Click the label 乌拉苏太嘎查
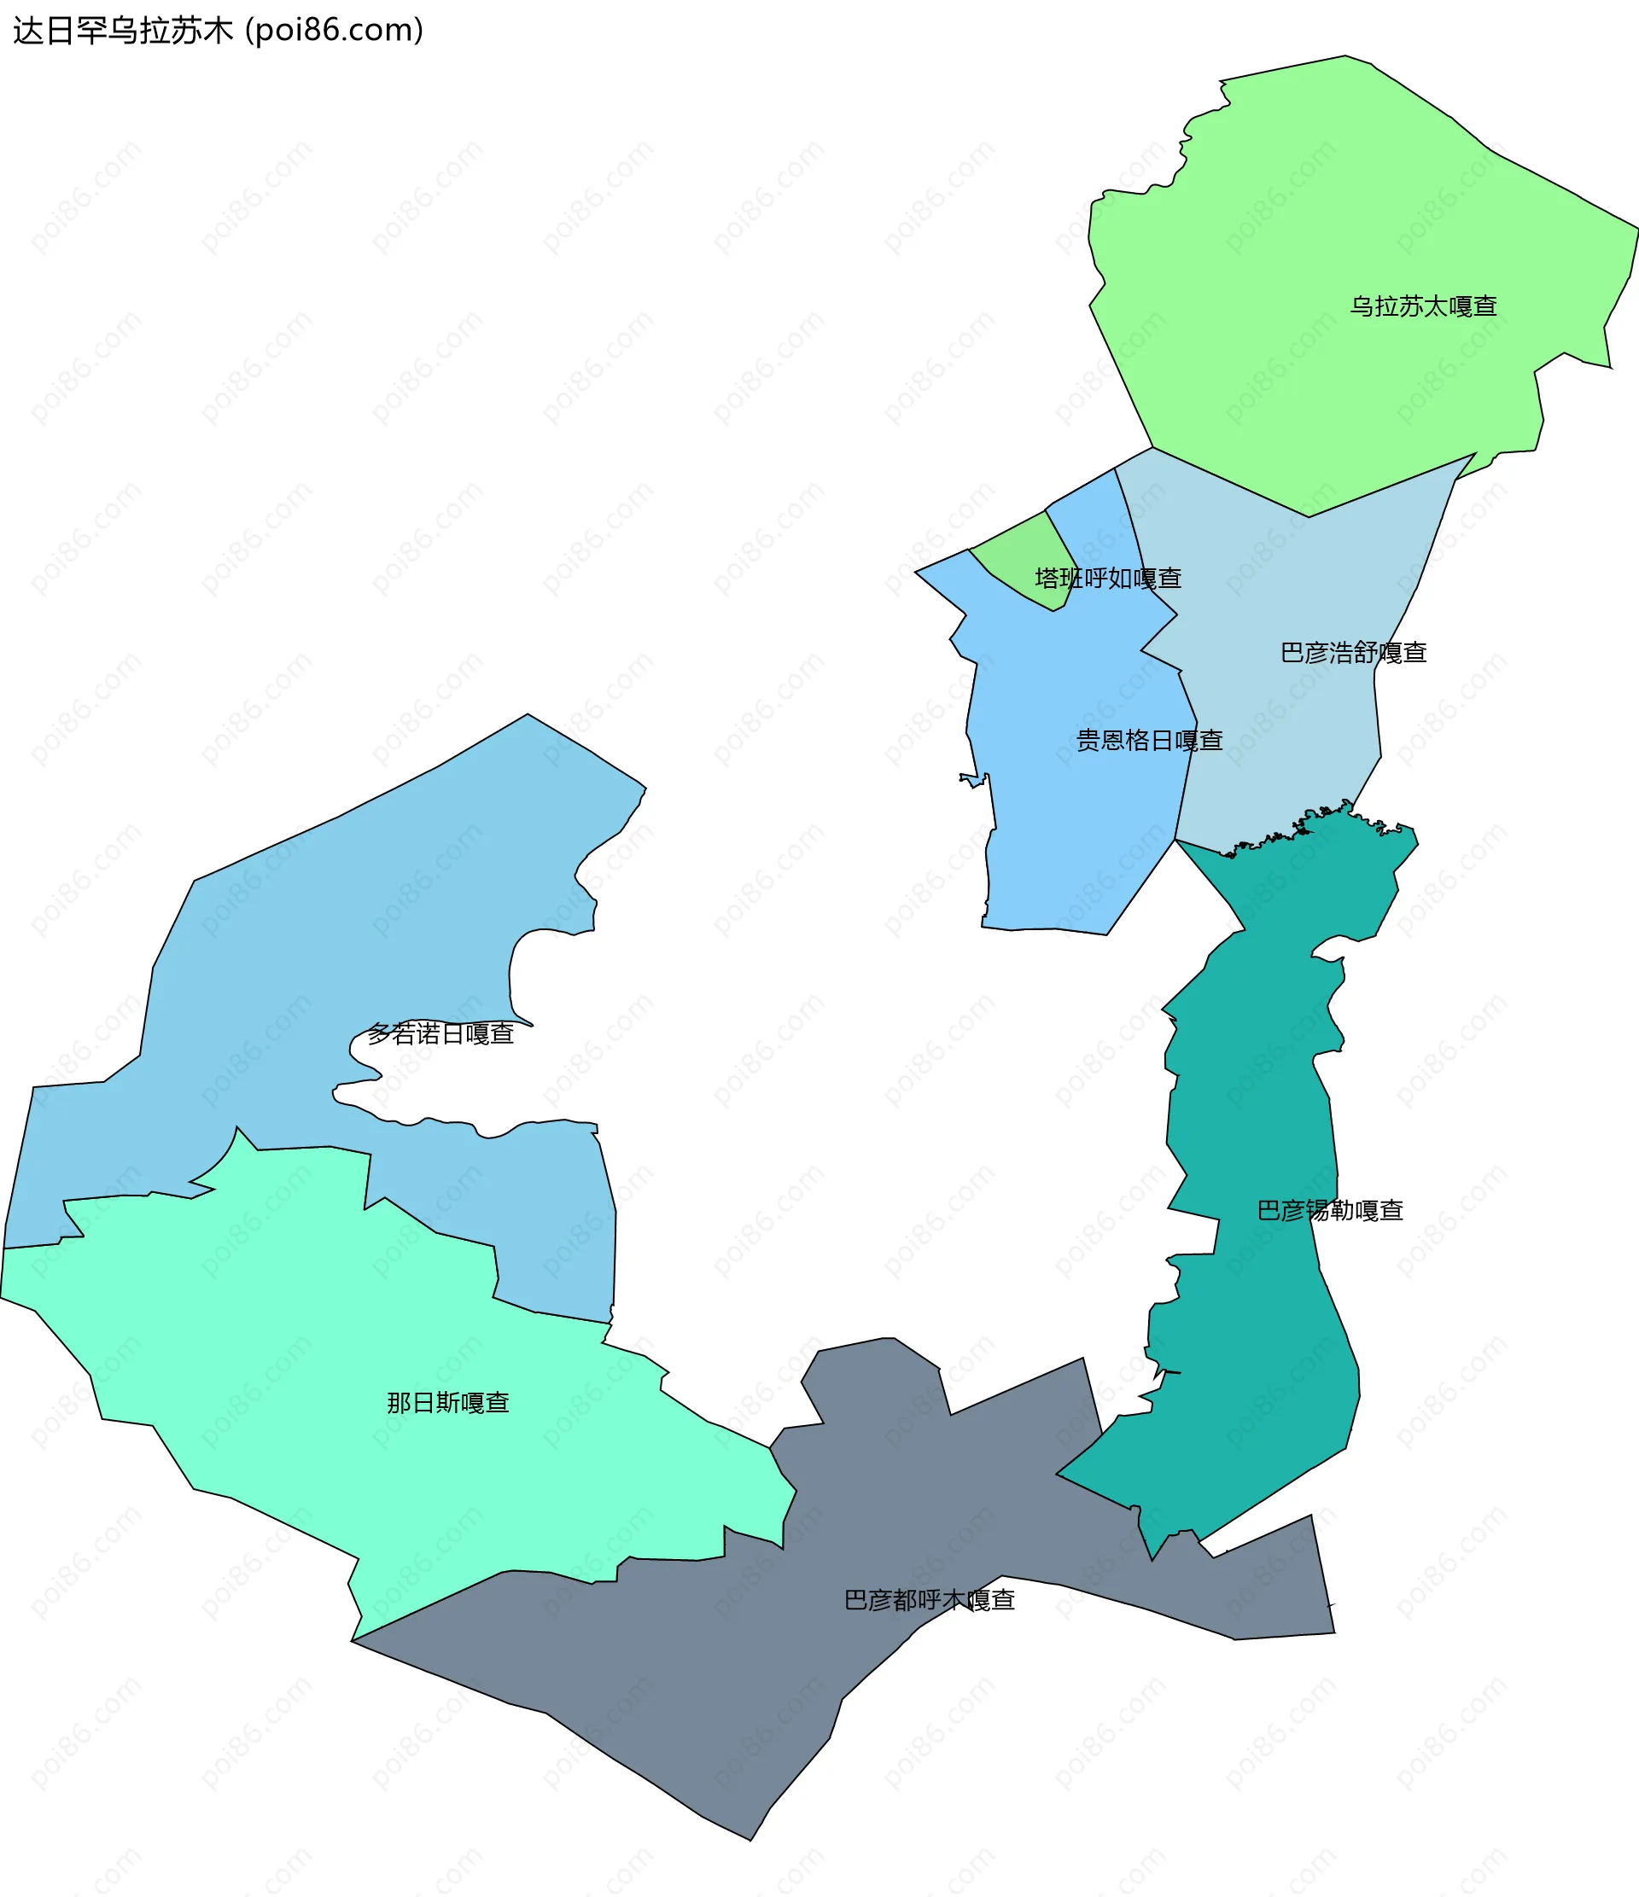1423,305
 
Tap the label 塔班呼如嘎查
1108,578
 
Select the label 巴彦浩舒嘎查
1353,652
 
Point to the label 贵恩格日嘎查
1149,740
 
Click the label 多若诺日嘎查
440,1033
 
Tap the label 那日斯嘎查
448,1403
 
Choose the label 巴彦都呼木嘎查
930,1599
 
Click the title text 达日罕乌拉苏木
124,31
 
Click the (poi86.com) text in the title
335,31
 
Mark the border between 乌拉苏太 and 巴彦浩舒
1309,516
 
